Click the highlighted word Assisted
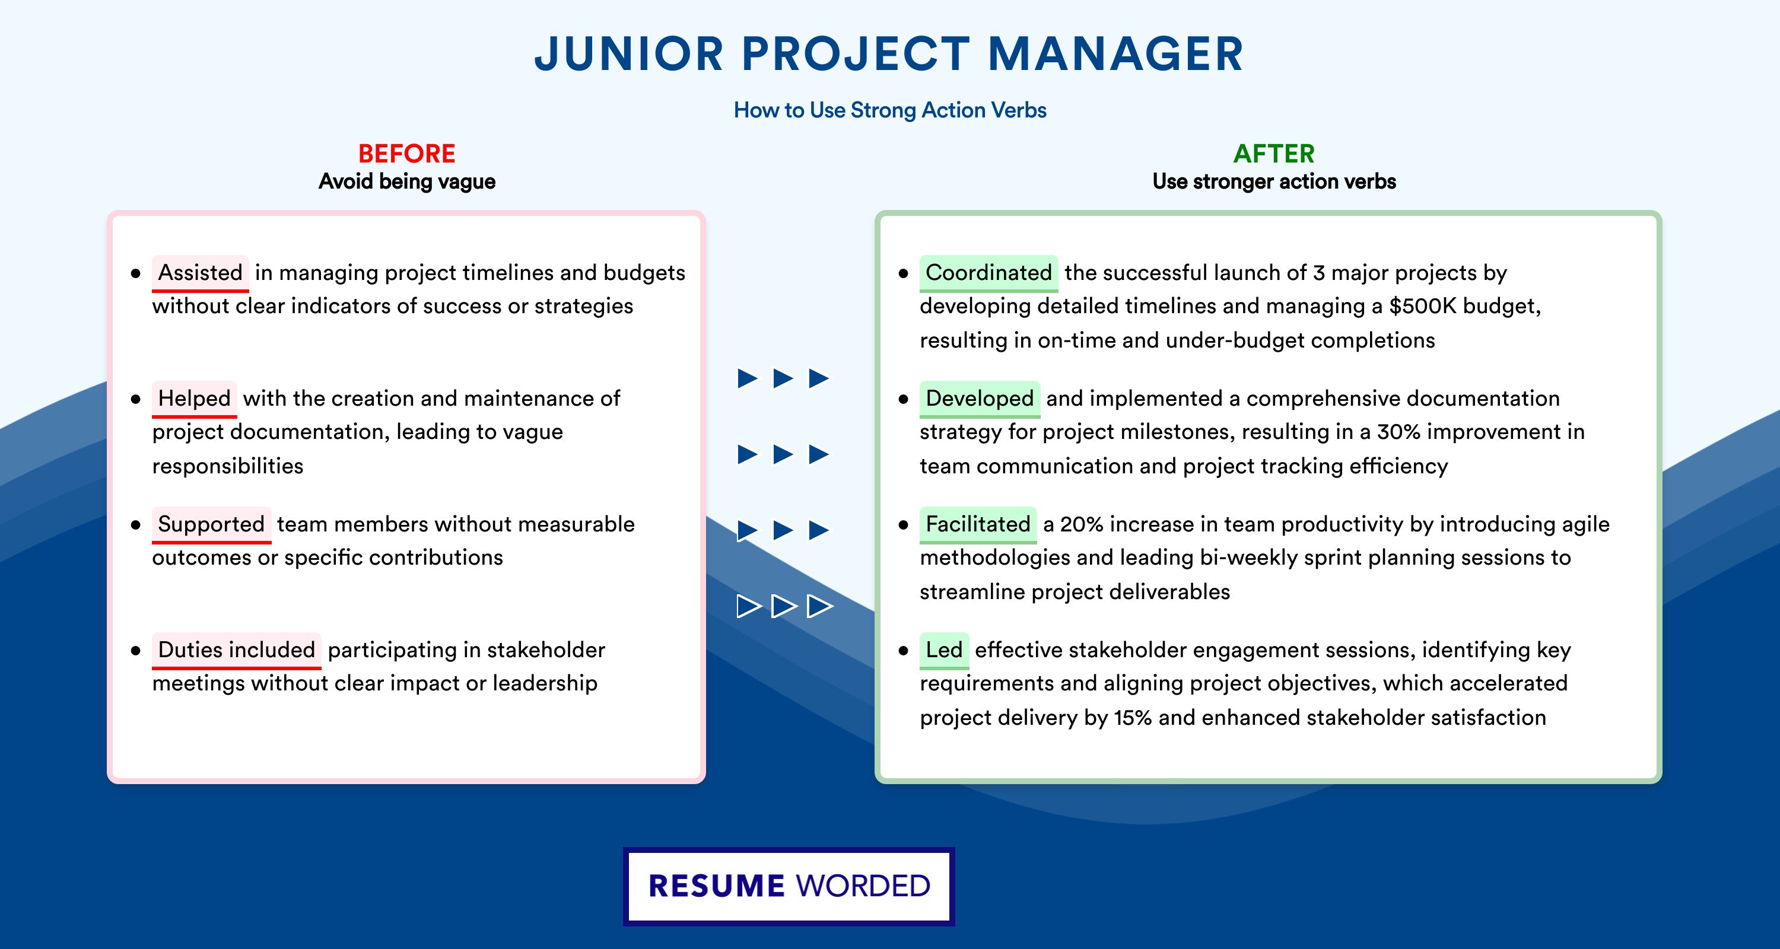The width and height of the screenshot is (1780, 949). [x=201, y=273]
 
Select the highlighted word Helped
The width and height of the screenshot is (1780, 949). [x=194, y=399]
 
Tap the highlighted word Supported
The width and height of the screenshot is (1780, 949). [x=211, y=524]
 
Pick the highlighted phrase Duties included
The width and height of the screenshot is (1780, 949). [x=236, y=650]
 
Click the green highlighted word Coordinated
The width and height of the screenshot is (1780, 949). [x=988, y=273]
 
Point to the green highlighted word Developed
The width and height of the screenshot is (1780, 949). [x=979, y=399]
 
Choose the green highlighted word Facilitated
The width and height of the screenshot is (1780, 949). [x=978, y=524]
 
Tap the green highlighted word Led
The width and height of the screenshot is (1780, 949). [x=944, y=650]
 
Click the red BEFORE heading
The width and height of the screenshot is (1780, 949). [x=407, y=154]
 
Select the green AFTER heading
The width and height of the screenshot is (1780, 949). [x=1274, y=154]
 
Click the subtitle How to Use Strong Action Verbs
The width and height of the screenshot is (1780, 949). [x=890, y=110]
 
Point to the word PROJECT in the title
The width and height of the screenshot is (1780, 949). [x=856, y=54]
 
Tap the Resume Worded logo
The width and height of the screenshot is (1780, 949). [x=789, y=886]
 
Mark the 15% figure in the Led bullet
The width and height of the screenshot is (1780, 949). [x=1133, y=718]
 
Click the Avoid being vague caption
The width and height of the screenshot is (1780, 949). [x=407, y=181]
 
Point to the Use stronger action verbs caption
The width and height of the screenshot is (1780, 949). [x=1274, y=181]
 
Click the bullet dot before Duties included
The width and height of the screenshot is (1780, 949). [x=135, y=651]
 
